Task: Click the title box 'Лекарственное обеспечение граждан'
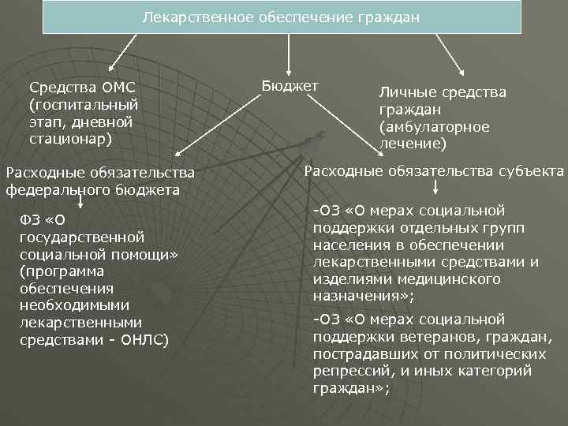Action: [282, 17]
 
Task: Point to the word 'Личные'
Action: [408, 92]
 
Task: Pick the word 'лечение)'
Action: [413, 144]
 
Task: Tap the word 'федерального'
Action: [55, 189]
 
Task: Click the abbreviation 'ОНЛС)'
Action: [143, 340]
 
